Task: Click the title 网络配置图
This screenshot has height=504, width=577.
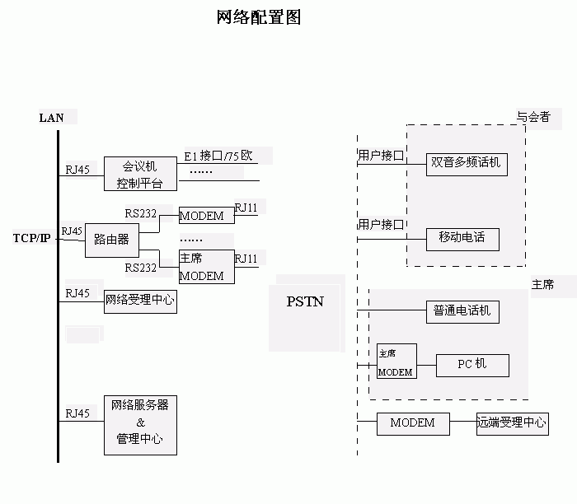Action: tap(258, 17)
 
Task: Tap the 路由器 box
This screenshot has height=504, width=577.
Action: tap(111, 240)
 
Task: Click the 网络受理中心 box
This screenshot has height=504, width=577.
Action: tap(140, 301)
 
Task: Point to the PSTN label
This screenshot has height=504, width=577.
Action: tap(305, 301)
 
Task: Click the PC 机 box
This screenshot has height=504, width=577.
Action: tap(472, 364)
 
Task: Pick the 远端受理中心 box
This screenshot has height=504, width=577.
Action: tap(512, 424)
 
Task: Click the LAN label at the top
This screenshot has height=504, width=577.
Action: tap(51, 118)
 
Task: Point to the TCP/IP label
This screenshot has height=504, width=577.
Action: tap(31, 238)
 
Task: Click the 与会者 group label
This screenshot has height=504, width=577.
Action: tap(533, 117)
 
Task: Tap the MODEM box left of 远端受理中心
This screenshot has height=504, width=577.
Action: tap(412, 423)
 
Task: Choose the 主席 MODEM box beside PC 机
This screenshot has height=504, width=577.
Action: tap(396, 362)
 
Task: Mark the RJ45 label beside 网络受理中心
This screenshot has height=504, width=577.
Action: tap(77, 293)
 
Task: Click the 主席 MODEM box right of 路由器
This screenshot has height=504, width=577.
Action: tap(206, 268)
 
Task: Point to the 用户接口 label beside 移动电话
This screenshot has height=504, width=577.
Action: tap(380, 224)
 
